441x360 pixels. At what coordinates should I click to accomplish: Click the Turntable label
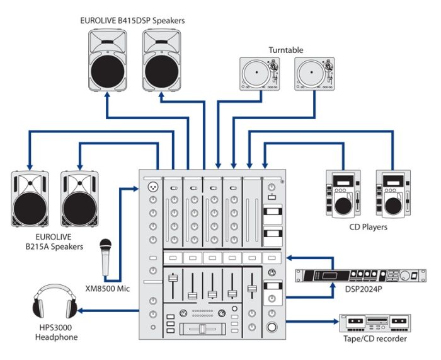pyautogui.click(x=285, y=50)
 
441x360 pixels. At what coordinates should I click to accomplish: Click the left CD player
pyautogui.click(x=343, y=193)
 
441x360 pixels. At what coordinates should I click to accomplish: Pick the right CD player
pyautogui.click(x=394, y=193)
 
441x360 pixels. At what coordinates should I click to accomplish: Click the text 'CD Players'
pyautogui.click(x=368, y=227)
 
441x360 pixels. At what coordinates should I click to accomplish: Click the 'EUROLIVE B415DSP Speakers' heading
pyautogui.click(x=132, y=21)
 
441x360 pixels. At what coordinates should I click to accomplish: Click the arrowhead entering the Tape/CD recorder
pyautogui.click(x=335, y=322)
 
